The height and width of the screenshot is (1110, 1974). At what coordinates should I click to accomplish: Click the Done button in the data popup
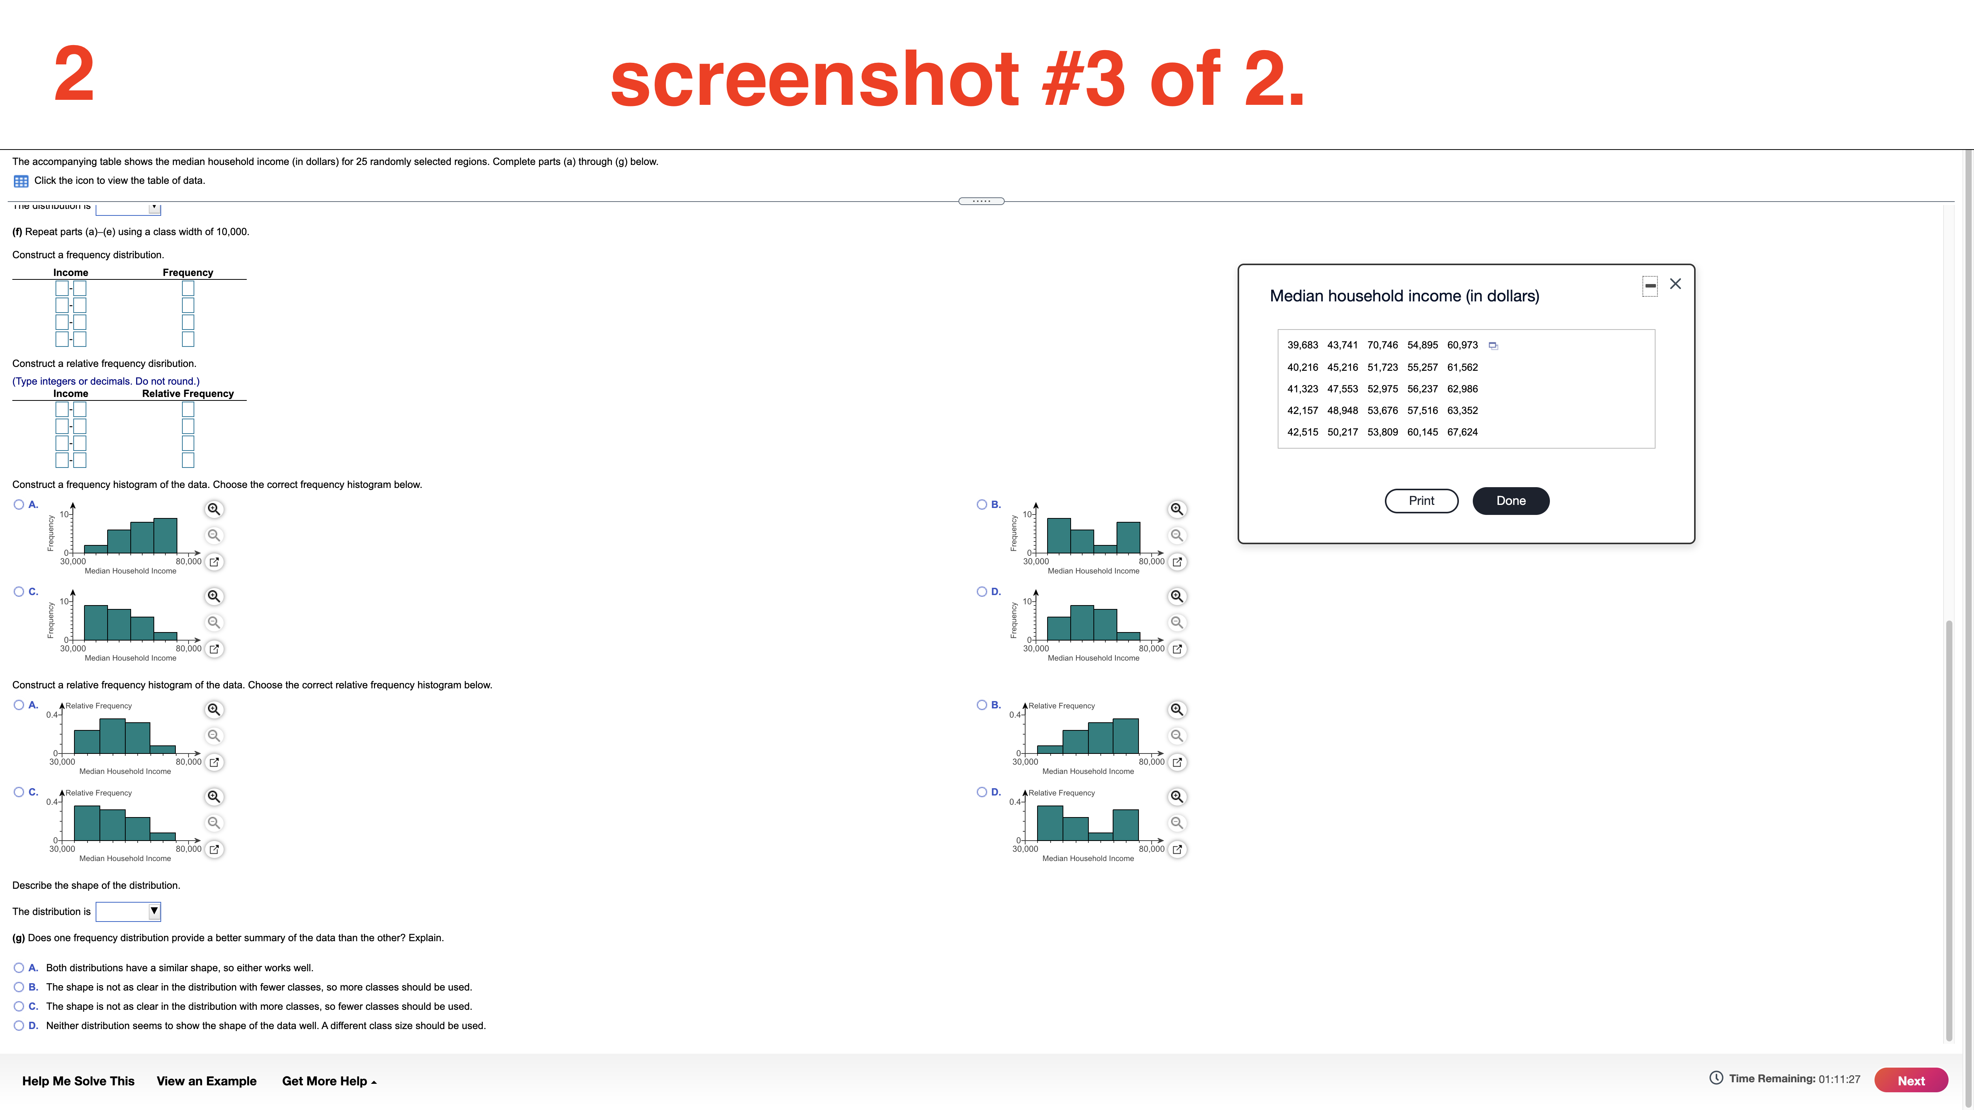pyautogui.click(x=1511, y=501)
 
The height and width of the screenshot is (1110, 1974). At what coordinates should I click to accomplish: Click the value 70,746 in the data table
pyautogui.click(x=1383, y=345)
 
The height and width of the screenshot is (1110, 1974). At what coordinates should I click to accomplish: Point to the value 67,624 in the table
pyautogui.click(x=1462, y=432)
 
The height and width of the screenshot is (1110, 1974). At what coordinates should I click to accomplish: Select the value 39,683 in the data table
pyautogui.click(x=1303, y=345)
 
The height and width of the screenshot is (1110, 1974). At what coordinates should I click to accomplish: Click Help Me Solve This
pyautogui.click(x=78, y=1081)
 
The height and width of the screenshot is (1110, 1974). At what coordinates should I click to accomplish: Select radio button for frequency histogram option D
pyautogui.click(x=982, y=591)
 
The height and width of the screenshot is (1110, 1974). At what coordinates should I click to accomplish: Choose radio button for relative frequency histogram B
pyautogui.click(x=982, y=705)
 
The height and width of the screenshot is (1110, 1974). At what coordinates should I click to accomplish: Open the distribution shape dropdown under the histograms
pyautogui.click(x=128, y=912)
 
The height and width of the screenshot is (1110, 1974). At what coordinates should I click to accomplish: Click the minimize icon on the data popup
pyautogui.click(x=1651, y=286)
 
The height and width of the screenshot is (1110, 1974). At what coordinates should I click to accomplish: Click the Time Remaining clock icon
pyautogui.click(x=1716, y=1079)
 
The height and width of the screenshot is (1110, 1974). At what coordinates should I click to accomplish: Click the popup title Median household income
pyautogui.click(x=1404, y=296)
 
